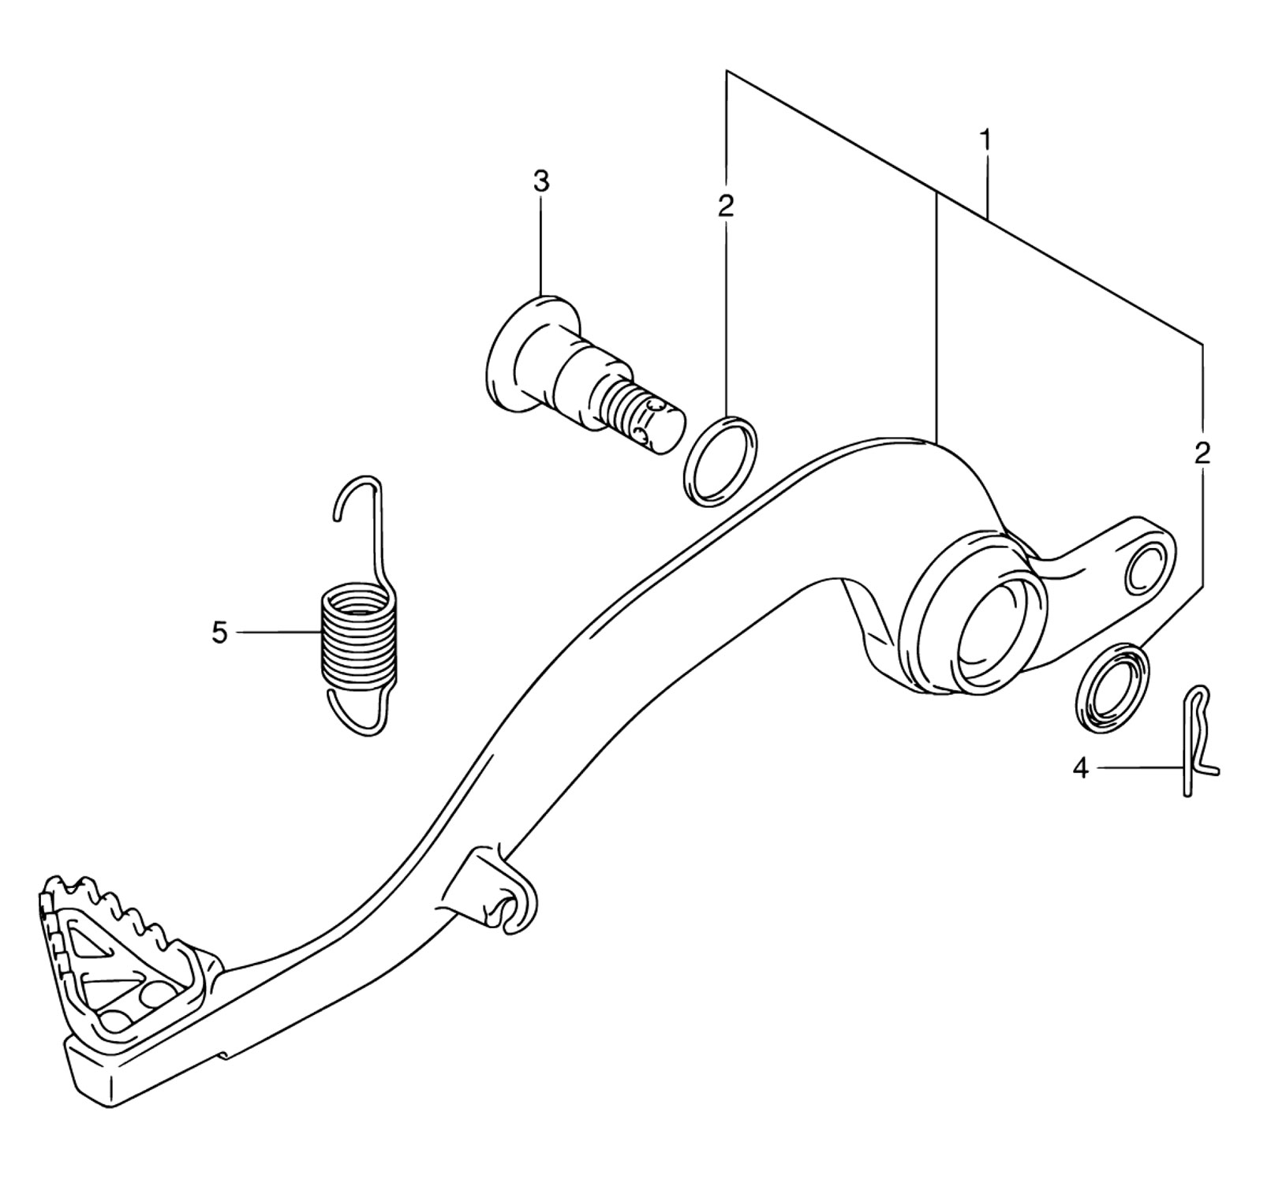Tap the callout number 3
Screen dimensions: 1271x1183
point(540,181)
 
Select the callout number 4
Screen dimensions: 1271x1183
point(1081,767)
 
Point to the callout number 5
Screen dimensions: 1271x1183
point(219,633)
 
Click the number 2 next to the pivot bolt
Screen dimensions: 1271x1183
point(726,206)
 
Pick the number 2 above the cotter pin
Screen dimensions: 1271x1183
point(1202,453)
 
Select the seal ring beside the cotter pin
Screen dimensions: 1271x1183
point(1112,683)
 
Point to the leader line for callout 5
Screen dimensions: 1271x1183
point(278,633)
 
